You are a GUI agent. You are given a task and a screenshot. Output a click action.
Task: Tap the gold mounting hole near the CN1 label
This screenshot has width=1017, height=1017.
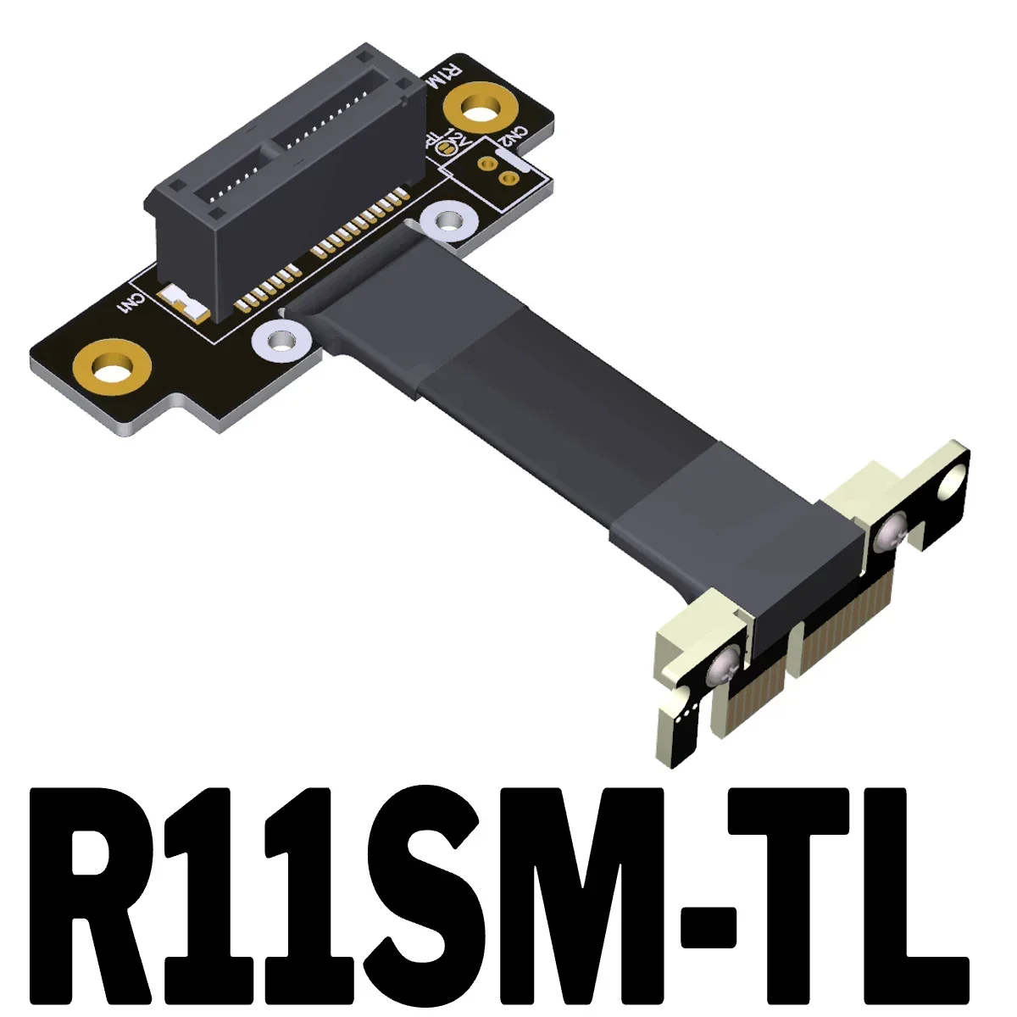point(111,370)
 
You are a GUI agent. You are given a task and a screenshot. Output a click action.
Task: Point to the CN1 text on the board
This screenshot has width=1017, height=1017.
point(133,303)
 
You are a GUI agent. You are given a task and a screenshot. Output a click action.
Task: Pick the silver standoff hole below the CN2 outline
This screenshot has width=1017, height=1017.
point(447,222)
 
